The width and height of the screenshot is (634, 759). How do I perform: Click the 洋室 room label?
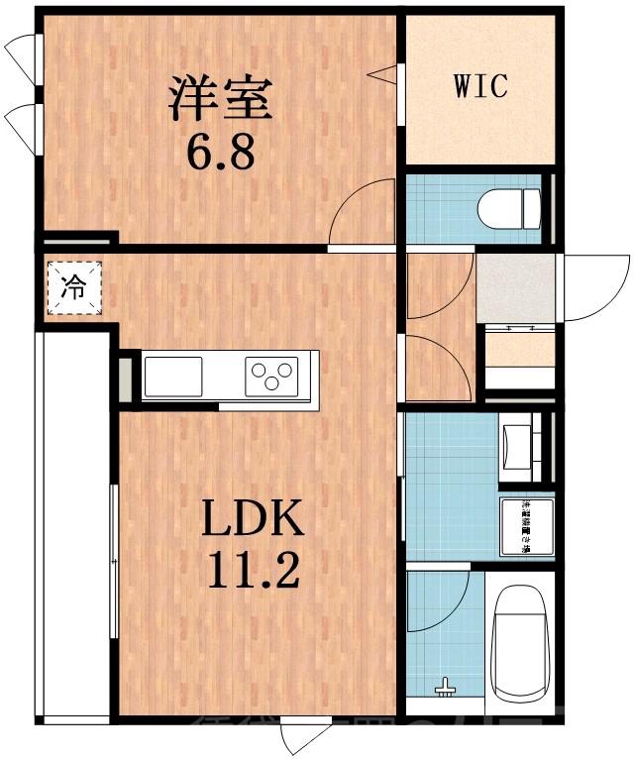coord(219,97)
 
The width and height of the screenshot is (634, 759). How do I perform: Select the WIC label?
coord(480,85)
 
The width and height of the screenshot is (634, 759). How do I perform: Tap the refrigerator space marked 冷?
coord(73,287)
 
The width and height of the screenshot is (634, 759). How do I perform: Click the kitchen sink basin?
coord(173,376)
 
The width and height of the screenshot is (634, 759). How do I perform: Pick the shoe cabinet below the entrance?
coord(519,351)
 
